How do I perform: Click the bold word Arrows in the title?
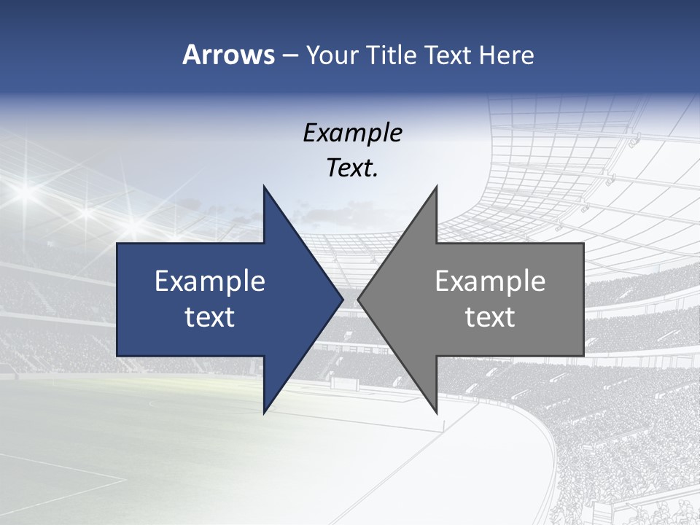pyautogui.click(x=228, y=55)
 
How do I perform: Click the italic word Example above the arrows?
pyautogui.click(x=352, y=133)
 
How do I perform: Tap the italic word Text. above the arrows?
pyautogui.click(x=352, y=168)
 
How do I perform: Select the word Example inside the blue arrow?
pyautogui.click(x=210, y=281)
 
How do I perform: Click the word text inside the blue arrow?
pyautogui.click(x=210, y=317)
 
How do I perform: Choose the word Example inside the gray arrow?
pyautogui.click(x=490, y=281)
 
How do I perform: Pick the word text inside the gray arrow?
pyautogui.click(x=490, y=317)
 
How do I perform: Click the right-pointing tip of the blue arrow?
pyautogui.click(x=342, y=299)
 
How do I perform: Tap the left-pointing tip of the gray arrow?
pyautogui.click(x=359, y=299)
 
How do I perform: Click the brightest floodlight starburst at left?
pyautogui.click(x=27, y=192)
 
